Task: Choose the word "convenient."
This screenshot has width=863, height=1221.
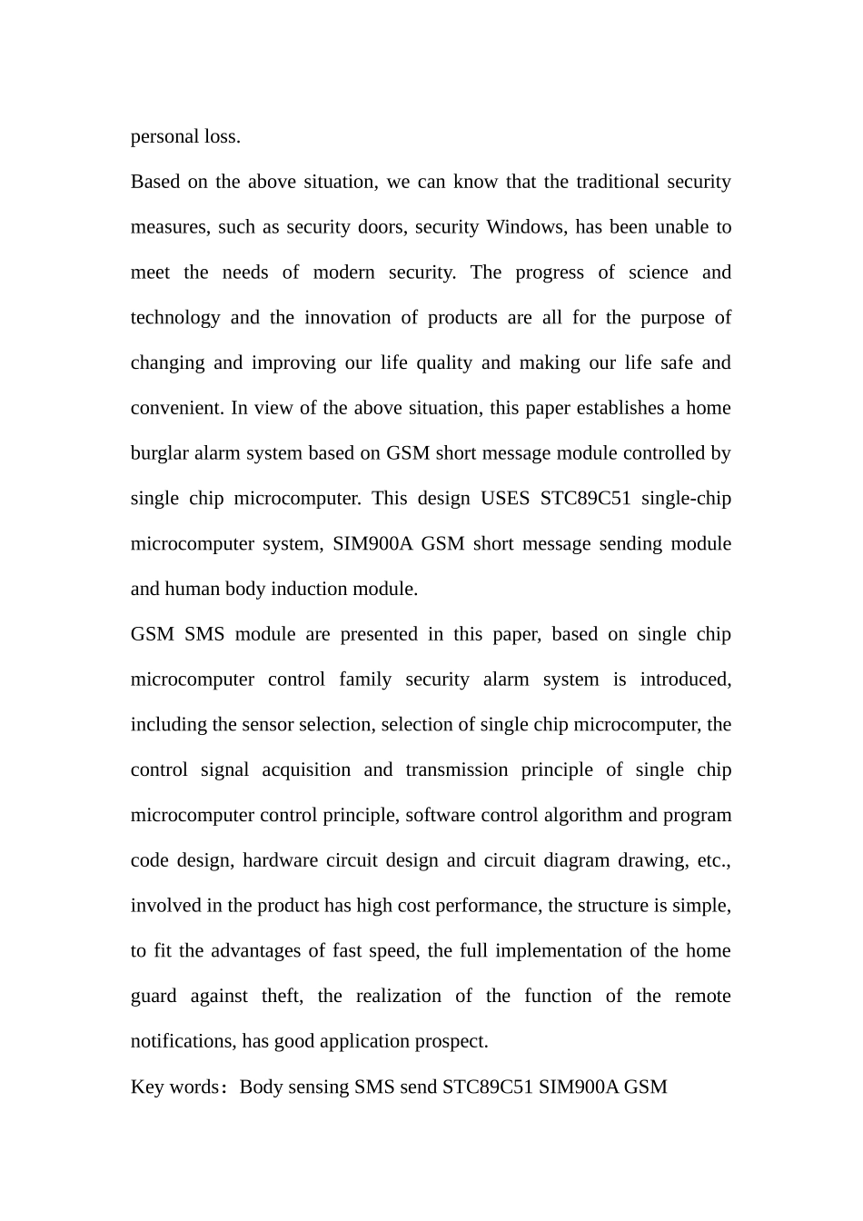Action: (x=177, y=408)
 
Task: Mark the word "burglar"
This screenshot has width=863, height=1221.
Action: (x=159, y=453)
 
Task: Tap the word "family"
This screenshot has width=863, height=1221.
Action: (x=365, y=680)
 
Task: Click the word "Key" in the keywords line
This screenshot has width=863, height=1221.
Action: (x=147, y=1087)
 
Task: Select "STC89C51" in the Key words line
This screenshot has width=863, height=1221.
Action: (x=487, y=1087)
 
